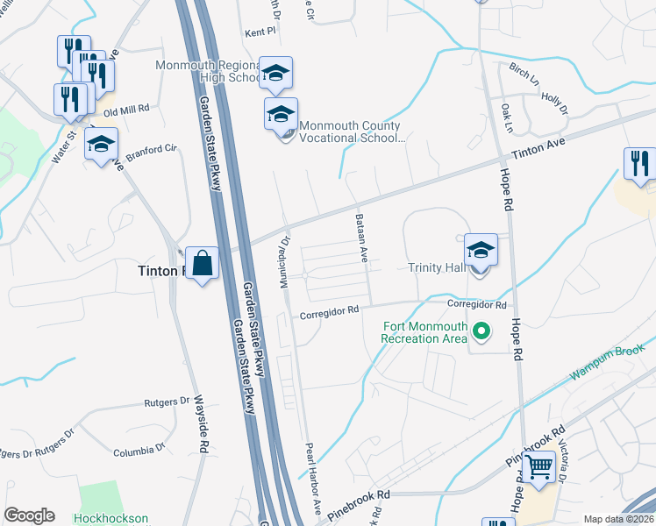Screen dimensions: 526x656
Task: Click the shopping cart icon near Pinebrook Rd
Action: pyautogui.click(x=539, y=466)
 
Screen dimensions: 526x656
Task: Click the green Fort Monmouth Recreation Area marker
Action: pyautogui.click(x=480, y=332)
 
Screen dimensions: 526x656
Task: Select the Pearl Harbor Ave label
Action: pyautogui.click(x=312, y=477)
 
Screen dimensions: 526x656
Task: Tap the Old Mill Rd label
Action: pyautogui.click(x=127, y=110)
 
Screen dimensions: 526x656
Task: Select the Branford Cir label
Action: pyautogui.click(x=151, y=150)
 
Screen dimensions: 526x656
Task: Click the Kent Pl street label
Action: pyautogui.click(x=260, y=30)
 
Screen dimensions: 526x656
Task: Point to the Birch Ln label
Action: pyautogui.click(x=524, y=71)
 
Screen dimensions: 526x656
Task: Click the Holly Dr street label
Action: pyautogui.click(x=554, y=103)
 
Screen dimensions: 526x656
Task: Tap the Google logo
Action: pyautogui.click(x=29, y=515)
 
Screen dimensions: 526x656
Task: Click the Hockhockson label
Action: pyautogui.click(x=111, y=518)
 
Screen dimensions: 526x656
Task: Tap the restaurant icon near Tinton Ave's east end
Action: pyautogui.click(x=640, y=164)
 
